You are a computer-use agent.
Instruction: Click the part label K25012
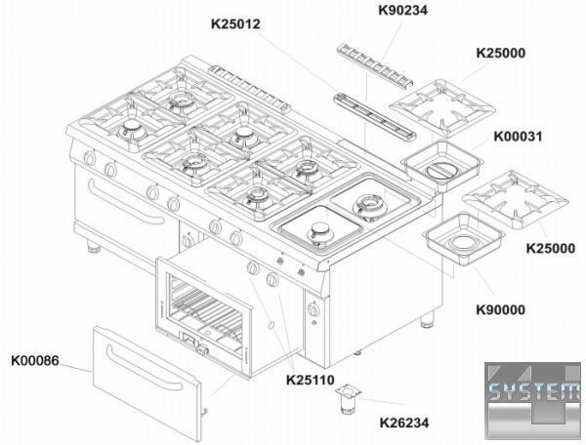pyautogui.click(x=235, y=23)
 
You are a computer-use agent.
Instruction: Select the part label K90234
pyautogui.click(x=402, y=10)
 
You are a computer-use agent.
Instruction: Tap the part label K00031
pyautogui.click(x=518, y=137)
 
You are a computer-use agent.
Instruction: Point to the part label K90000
pyautogui.click(x=500, y=309)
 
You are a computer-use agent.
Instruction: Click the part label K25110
pyautogui.click(x=311, y=380)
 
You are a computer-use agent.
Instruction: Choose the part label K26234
pyautogui.click(x=404, y=423)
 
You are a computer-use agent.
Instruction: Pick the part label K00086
pyautogui.click(x=35, y=361)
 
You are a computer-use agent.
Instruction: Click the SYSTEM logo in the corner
pyautogui.click(x=533, y=400)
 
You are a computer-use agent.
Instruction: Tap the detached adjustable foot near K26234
pyautogui.click(x=349, y=400)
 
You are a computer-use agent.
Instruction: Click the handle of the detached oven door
pyautogui.click(x=145, y=367)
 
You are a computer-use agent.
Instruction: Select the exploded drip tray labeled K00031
pyautogui.click(x=442, y=165)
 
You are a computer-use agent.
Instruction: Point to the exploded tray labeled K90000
pyautogui.click(x=464, y=238)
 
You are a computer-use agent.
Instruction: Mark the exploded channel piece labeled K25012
pyautogui.click(x=374, y=116)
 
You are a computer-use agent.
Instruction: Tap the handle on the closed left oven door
pyautogui.click(x=126, y=202)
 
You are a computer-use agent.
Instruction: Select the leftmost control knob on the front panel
pyautogui.click(x=90, y=158)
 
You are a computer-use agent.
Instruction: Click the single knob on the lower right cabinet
pyautogui.click(x=313, y=308)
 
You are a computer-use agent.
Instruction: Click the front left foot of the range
pyautogui.click(x=94, y=246)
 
